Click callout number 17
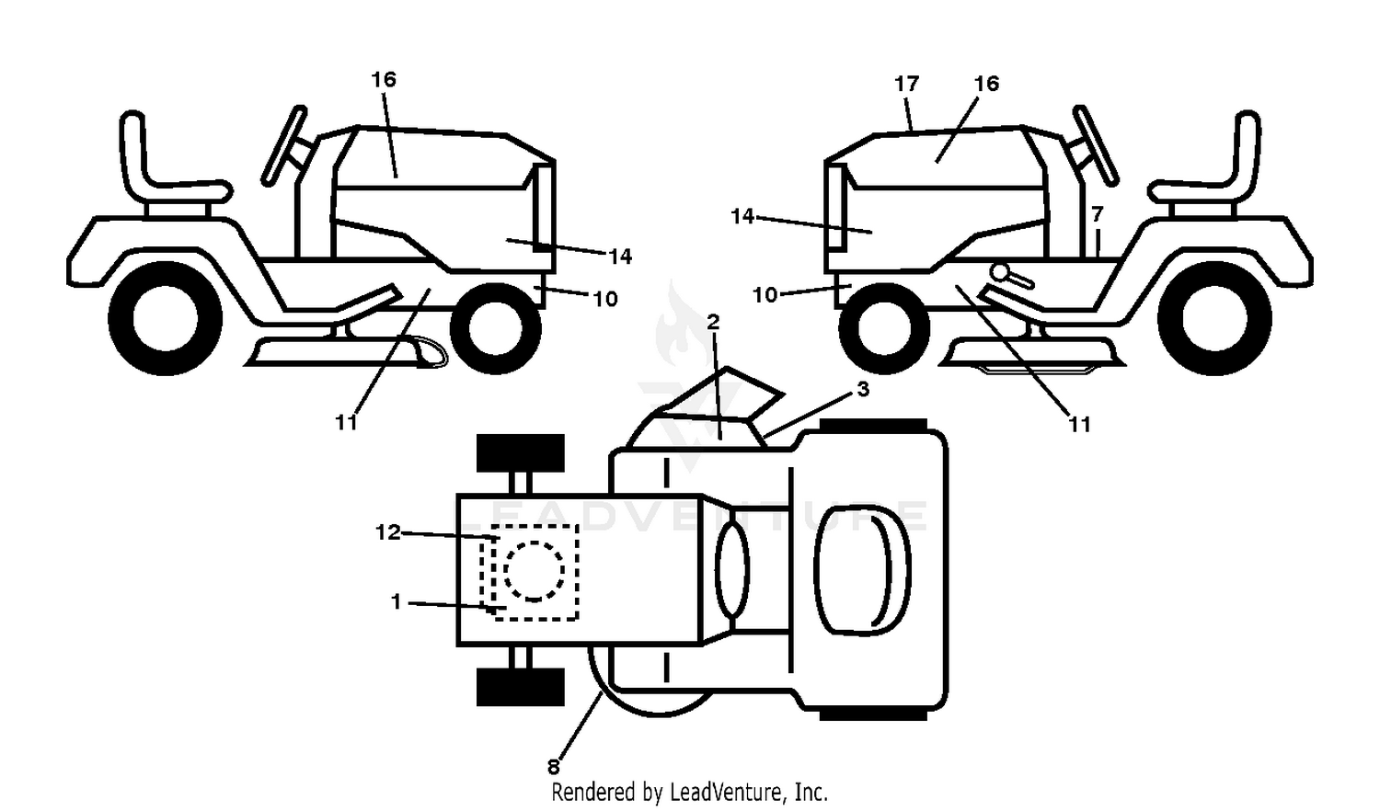pos(906,84)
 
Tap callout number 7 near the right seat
pos(1097,214)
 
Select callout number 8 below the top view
pos(553,767)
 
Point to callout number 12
pos(387,532)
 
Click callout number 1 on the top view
pos(396,601)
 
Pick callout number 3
pos(863,389)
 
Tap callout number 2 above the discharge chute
pos(713,322)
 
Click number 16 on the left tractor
pos(384,79)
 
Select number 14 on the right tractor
pos(742,216)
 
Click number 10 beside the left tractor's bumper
pos(605,299)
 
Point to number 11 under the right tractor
pos(1079,424)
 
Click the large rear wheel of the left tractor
pos(165,318)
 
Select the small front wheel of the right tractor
pos(884,328)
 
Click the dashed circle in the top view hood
pos(534,571)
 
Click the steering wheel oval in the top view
pos(732,569)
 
